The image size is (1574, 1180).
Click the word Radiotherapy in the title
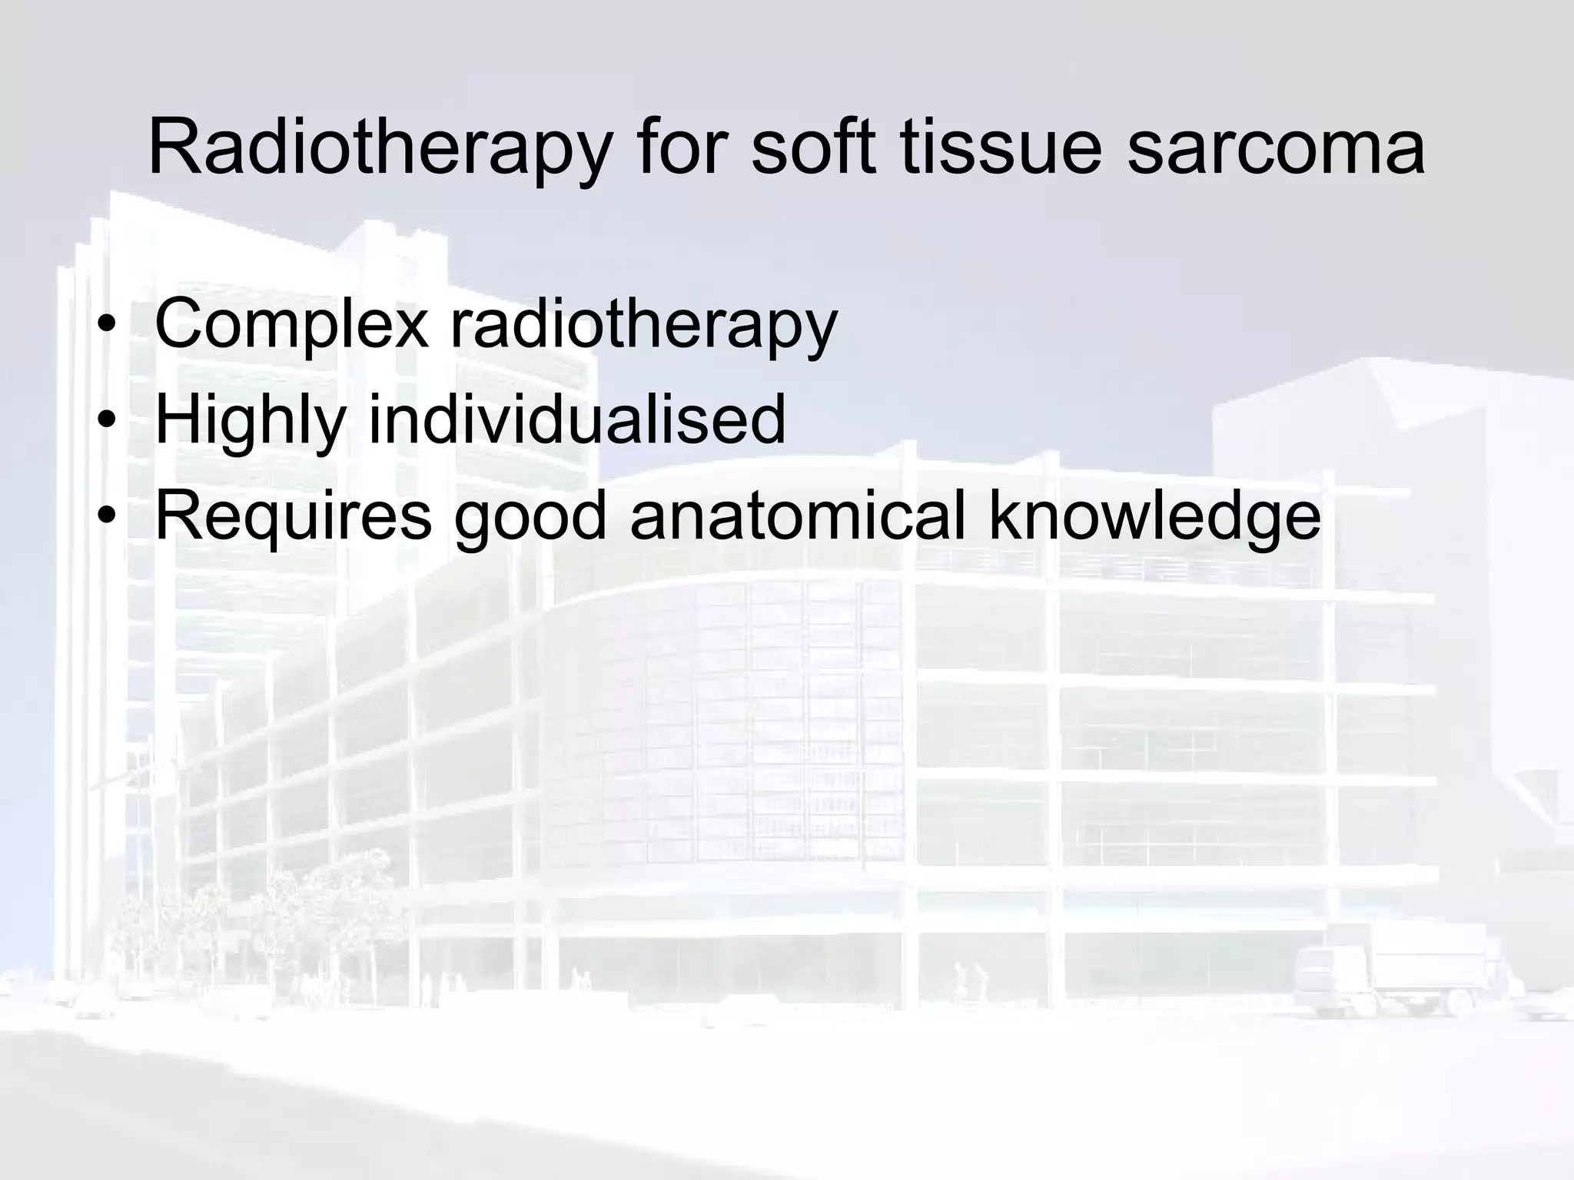[379, 147]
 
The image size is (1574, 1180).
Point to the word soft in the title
[814, 147]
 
